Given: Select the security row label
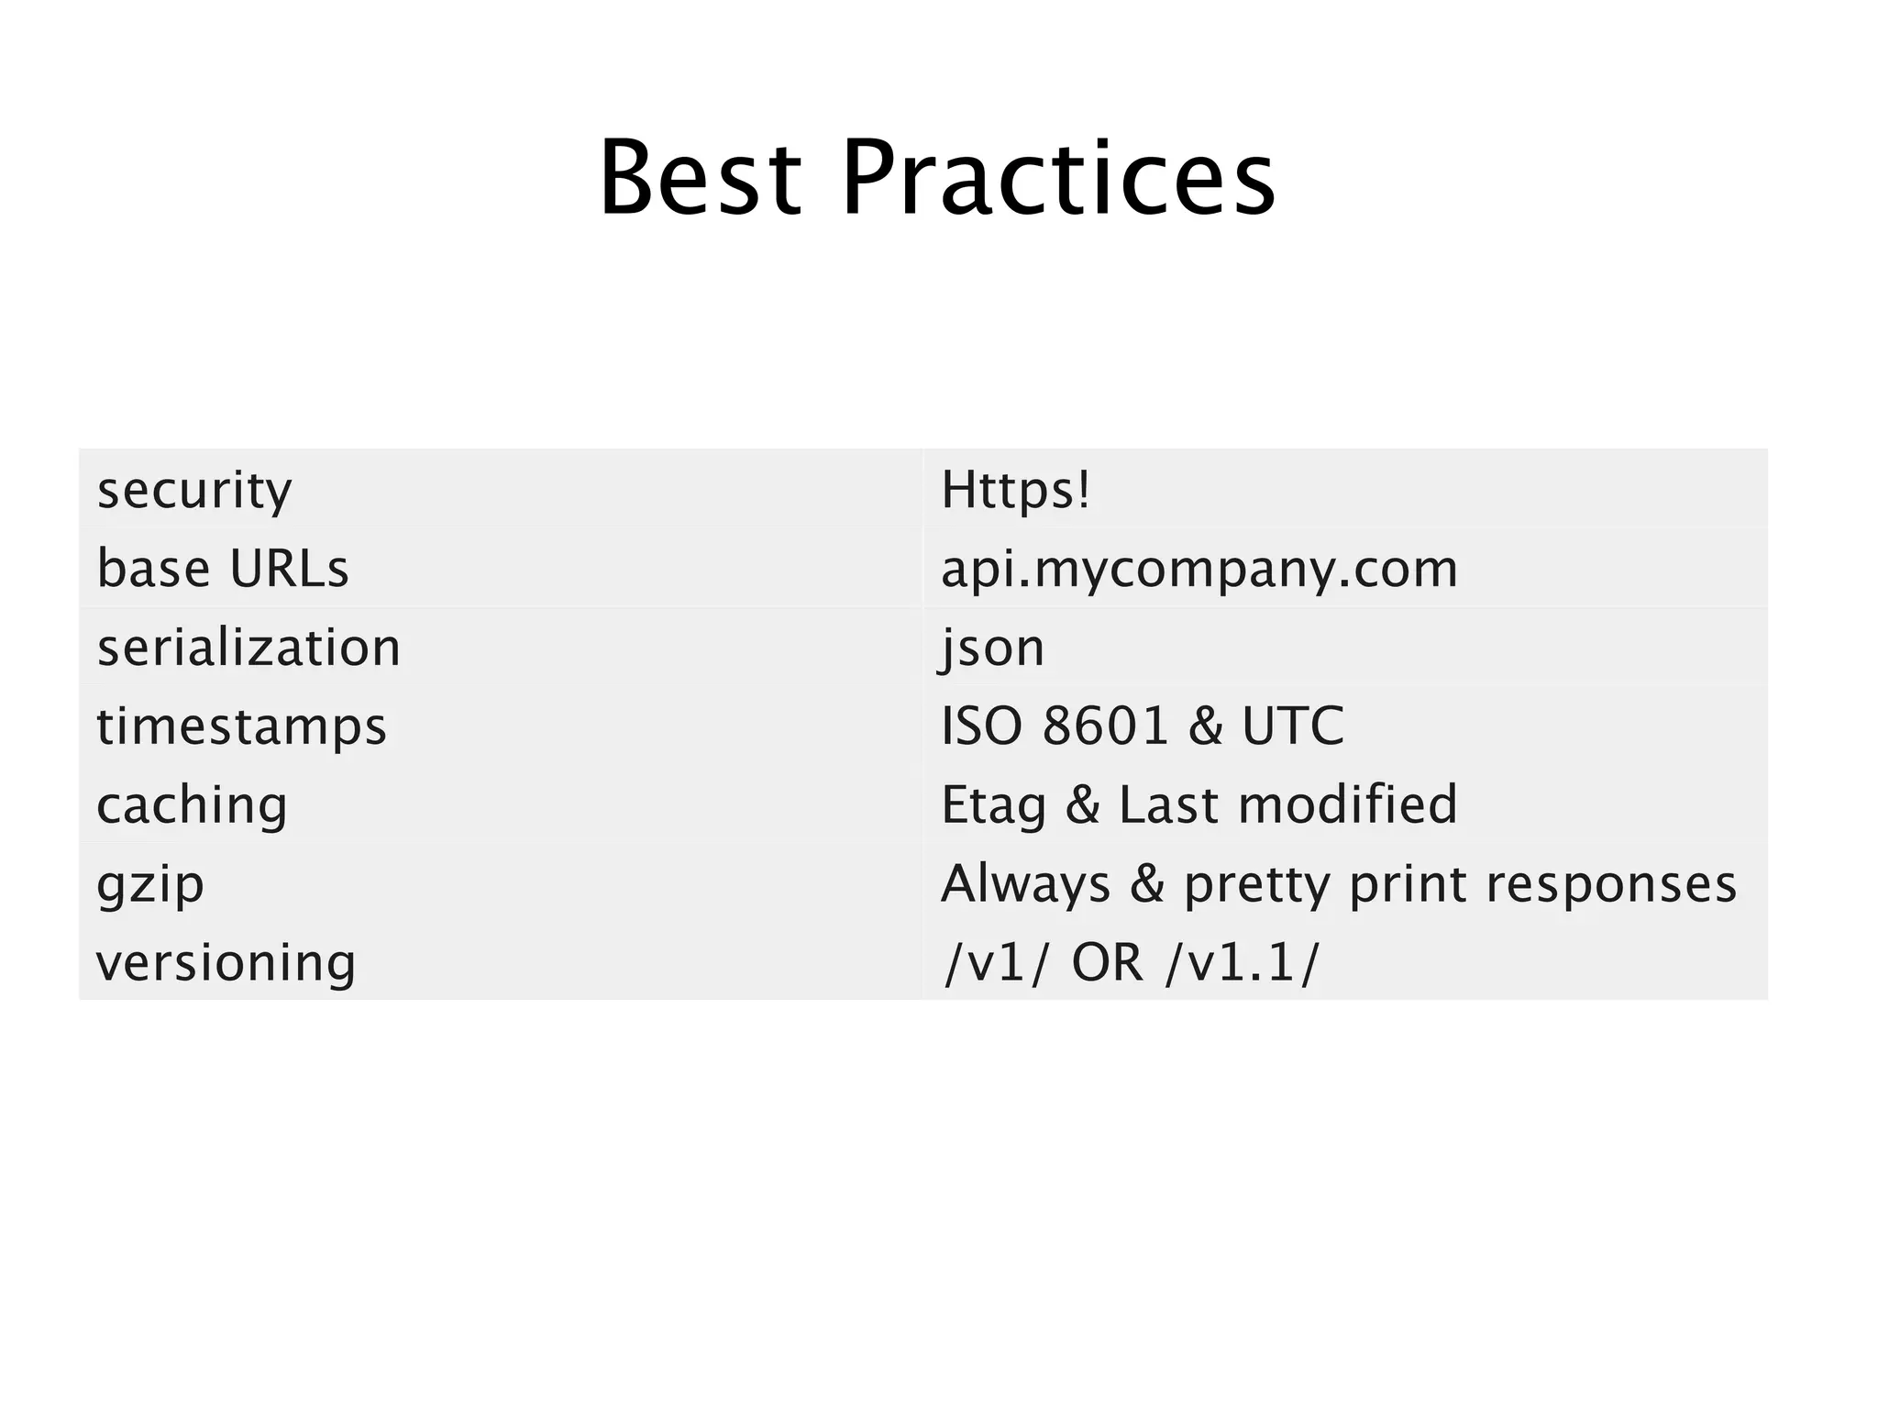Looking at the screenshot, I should click(x=194, y=490).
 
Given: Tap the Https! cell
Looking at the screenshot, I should click(x=1016, y=490).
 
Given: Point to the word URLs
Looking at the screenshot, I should click(x=289, y=569).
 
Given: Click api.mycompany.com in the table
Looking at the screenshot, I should click(x=1199, y=569).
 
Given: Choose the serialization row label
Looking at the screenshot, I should click(x=249, y=648).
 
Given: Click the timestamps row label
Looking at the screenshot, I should click(x=242, y=726).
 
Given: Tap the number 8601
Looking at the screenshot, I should click(x=1106, y=726).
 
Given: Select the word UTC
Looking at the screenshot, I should click(x=1293, y=726).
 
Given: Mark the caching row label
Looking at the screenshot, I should click(x=193, y=805).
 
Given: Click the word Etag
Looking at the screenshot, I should click(x=994, y=806).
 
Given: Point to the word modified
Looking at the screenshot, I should click(x=1347, y=804).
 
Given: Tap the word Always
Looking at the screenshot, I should click(x=1026, y=884).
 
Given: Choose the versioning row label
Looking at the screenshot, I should click(x=226, y=963).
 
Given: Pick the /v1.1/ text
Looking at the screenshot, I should click(x=1243, y=963).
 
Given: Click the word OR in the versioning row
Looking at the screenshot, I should click(x=1107, y=963).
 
